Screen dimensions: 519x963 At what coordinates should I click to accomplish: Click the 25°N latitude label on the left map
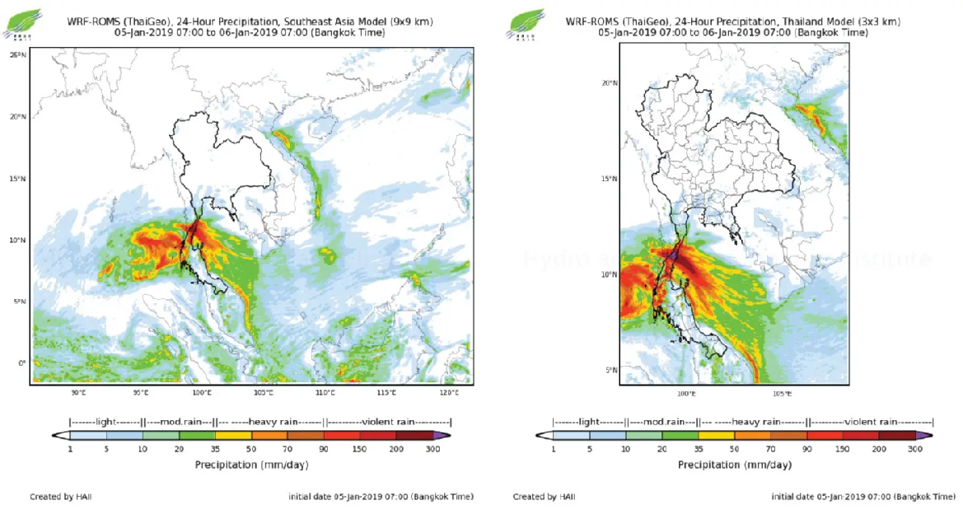16,54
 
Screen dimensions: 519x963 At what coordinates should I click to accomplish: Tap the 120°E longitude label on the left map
449,392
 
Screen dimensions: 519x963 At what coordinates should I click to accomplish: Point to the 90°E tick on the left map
79,392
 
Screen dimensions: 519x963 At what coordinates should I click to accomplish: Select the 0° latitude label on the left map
22,363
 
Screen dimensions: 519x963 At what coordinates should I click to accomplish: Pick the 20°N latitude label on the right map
610,83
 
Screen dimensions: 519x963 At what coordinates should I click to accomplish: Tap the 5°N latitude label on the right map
611,370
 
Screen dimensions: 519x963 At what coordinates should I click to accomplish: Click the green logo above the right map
525,23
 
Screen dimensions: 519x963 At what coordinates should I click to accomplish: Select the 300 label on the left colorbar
432,449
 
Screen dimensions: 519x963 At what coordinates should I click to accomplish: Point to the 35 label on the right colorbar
699,449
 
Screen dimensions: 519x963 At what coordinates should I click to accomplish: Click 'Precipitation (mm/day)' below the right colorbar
734,465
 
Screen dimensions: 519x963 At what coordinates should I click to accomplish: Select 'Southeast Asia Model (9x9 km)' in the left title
359,20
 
